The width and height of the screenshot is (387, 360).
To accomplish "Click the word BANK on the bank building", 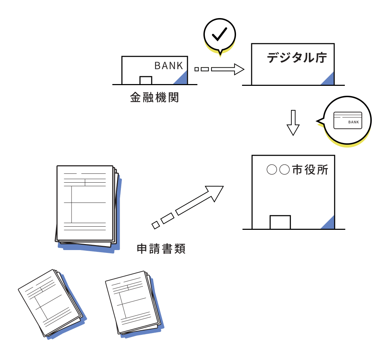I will coord(169,66).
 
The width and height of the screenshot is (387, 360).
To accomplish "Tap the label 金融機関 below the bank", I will coord(155,98).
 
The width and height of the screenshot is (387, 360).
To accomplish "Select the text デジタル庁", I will coord(297,58).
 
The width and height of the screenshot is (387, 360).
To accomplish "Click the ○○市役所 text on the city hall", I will coord(297,170).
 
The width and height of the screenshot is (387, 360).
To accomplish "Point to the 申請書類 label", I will coord(161,249).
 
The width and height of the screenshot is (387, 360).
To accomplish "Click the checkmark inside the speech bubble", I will coord(219,34).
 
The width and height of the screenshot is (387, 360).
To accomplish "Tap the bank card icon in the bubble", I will coord(348,120).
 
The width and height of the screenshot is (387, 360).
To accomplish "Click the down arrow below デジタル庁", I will coord(293,123).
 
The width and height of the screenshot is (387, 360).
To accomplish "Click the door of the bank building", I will coord(146,81).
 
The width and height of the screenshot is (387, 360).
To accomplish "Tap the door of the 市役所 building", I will coord(280,222).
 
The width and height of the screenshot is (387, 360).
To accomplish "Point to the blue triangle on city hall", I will coord(329,224).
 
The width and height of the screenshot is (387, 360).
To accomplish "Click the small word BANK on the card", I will coord(353,122).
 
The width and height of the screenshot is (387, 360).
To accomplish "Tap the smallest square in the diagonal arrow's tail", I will coord(156,225).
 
